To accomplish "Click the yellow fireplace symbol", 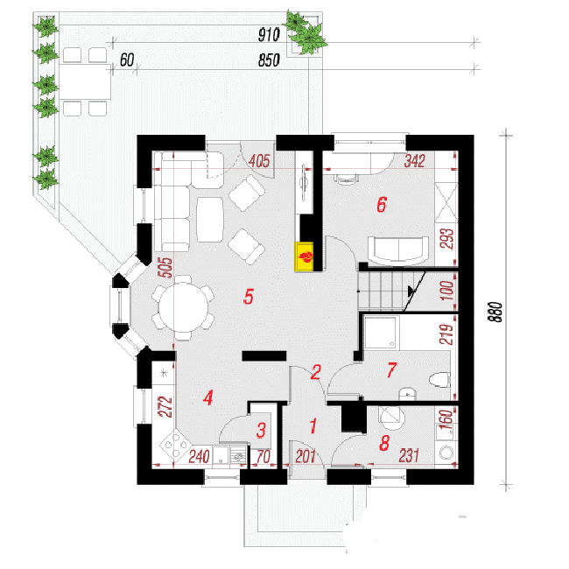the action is coord(304,256).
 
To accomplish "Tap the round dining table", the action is coord(183,308).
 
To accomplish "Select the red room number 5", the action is coord(249,297).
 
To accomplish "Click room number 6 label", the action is coord(382,204).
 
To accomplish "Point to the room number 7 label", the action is coord(391,370).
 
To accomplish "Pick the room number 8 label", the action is coord(384,443).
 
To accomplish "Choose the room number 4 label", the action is coord(208,397).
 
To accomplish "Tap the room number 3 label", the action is coord(261,430).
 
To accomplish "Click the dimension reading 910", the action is coord(269,35).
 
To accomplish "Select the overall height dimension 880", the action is coord(495,312).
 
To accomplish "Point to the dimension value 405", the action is coord(259,161).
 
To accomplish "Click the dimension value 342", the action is coord(414,161).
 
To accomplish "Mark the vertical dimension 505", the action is coord(166,268).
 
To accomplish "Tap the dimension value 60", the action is coord(127,60).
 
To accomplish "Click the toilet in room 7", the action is coord(439,380).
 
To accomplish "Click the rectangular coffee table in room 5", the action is coord(210,220).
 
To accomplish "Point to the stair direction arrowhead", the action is coord(411,291).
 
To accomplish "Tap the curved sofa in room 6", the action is coord(398,249).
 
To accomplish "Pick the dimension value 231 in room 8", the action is coord(409,455).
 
